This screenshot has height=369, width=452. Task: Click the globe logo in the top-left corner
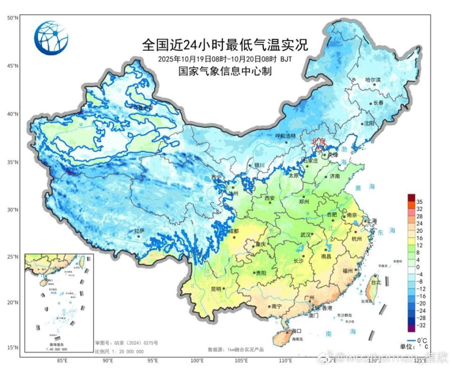[x=51, y=38]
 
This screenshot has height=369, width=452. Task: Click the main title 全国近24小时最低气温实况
[x=225, y=45]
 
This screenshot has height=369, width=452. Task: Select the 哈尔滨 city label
[x=373, y=80]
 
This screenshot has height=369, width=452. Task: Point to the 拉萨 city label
[x=139, y=231]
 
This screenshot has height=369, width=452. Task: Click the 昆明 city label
[x=216, y=288]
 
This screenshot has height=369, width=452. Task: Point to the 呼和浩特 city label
[x=285, y=136]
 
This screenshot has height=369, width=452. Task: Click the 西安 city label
[x=269, y=198]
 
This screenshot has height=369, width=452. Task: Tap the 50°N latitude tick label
[x=13, y=18]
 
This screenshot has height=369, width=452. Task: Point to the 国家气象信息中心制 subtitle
[x=225, y=71]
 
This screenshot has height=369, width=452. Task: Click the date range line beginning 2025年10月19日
[x=225, y=59]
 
